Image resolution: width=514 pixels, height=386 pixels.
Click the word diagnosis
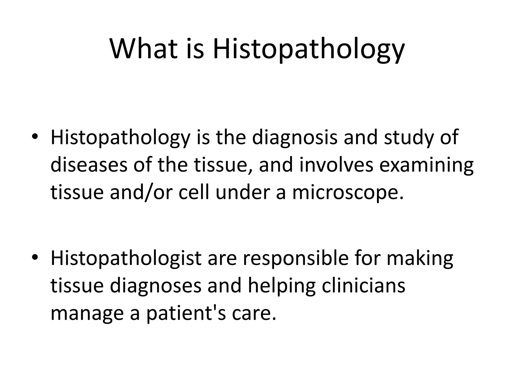pyautogui.click(x=295, y=138)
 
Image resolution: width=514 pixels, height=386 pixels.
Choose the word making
pyautogui.click(x=420, y=260)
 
